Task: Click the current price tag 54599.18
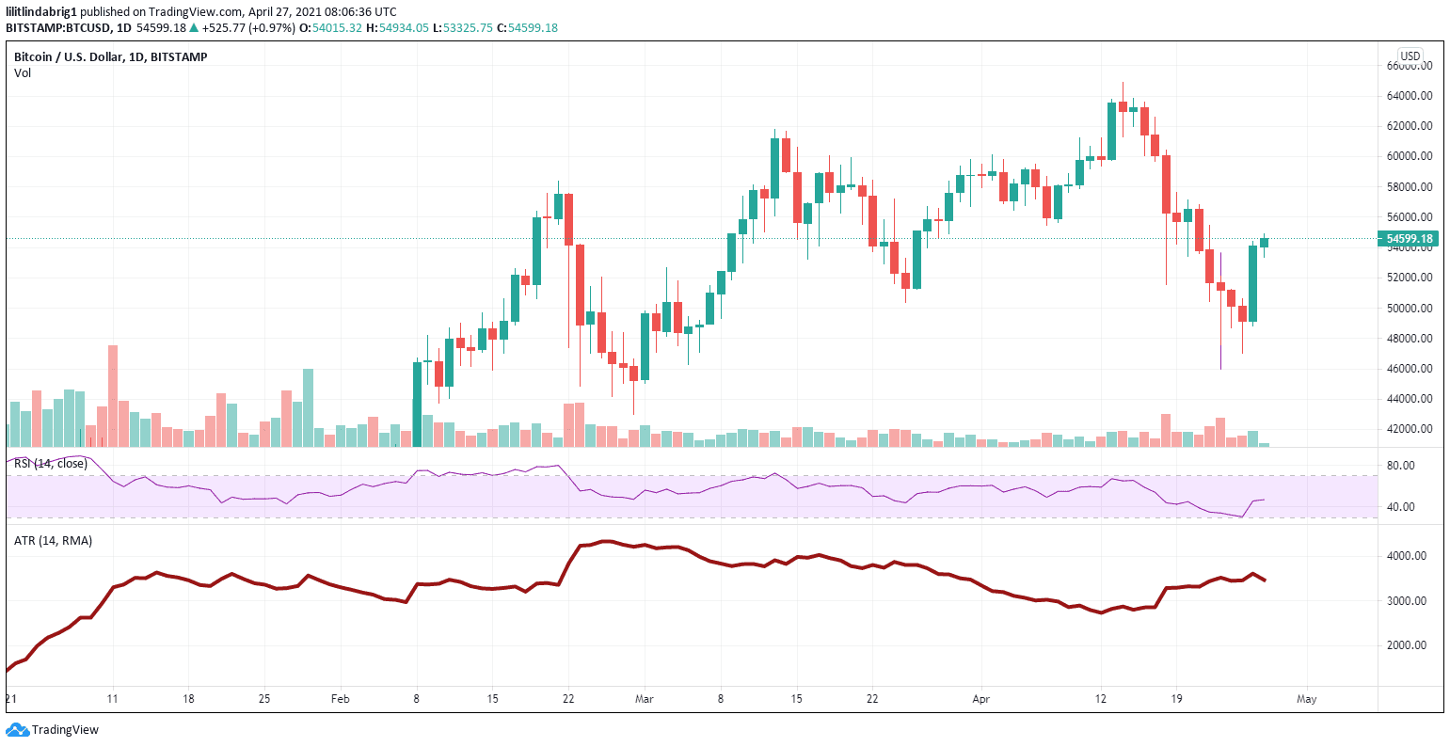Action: point(1409,239)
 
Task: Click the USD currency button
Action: point(1410,56)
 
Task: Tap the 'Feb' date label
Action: point(341,699)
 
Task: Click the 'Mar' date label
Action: point(644,699)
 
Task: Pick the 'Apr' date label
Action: point(981,699)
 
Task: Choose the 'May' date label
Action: point(1306,699)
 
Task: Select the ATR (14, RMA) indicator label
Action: point(53,541)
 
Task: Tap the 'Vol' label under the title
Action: point(23,72)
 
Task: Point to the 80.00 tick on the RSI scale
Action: point(1401,466)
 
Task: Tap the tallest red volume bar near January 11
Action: point(113,395)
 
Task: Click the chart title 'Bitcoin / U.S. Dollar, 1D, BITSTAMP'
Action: point(111,57)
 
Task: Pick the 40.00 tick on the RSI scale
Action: point(1401,507)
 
